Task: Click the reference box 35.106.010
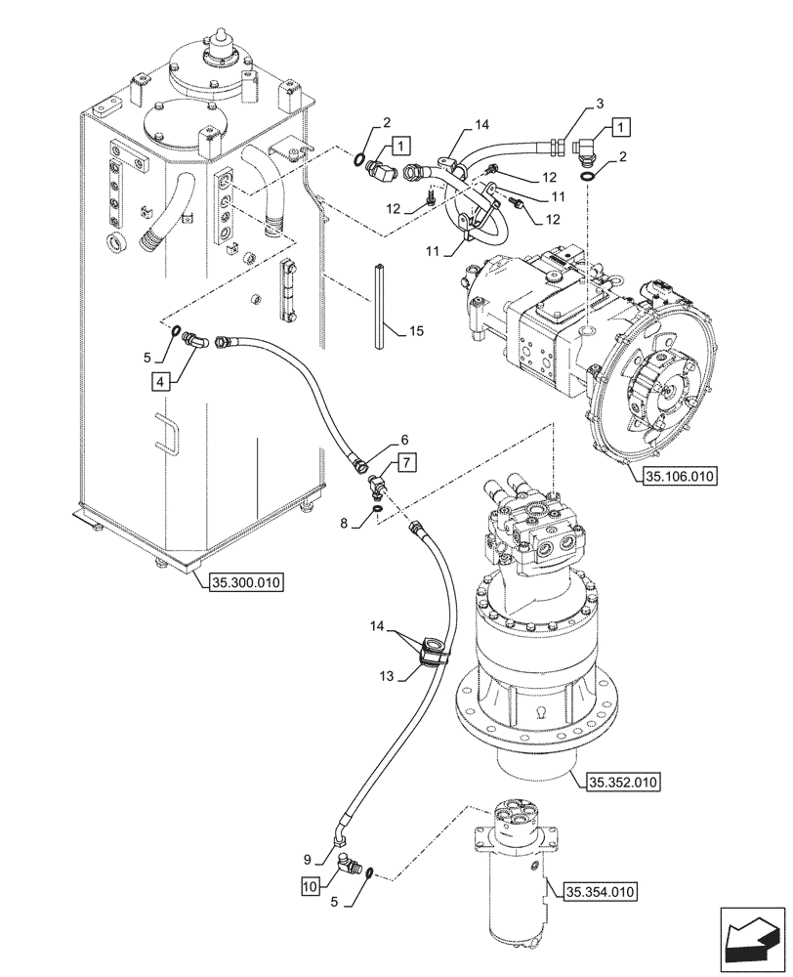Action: pos(681,477)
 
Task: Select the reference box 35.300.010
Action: pos(244,583)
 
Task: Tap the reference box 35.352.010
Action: pos(624,782)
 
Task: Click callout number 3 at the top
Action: pos(601,102)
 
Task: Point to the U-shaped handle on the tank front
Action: pos(167,435)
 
